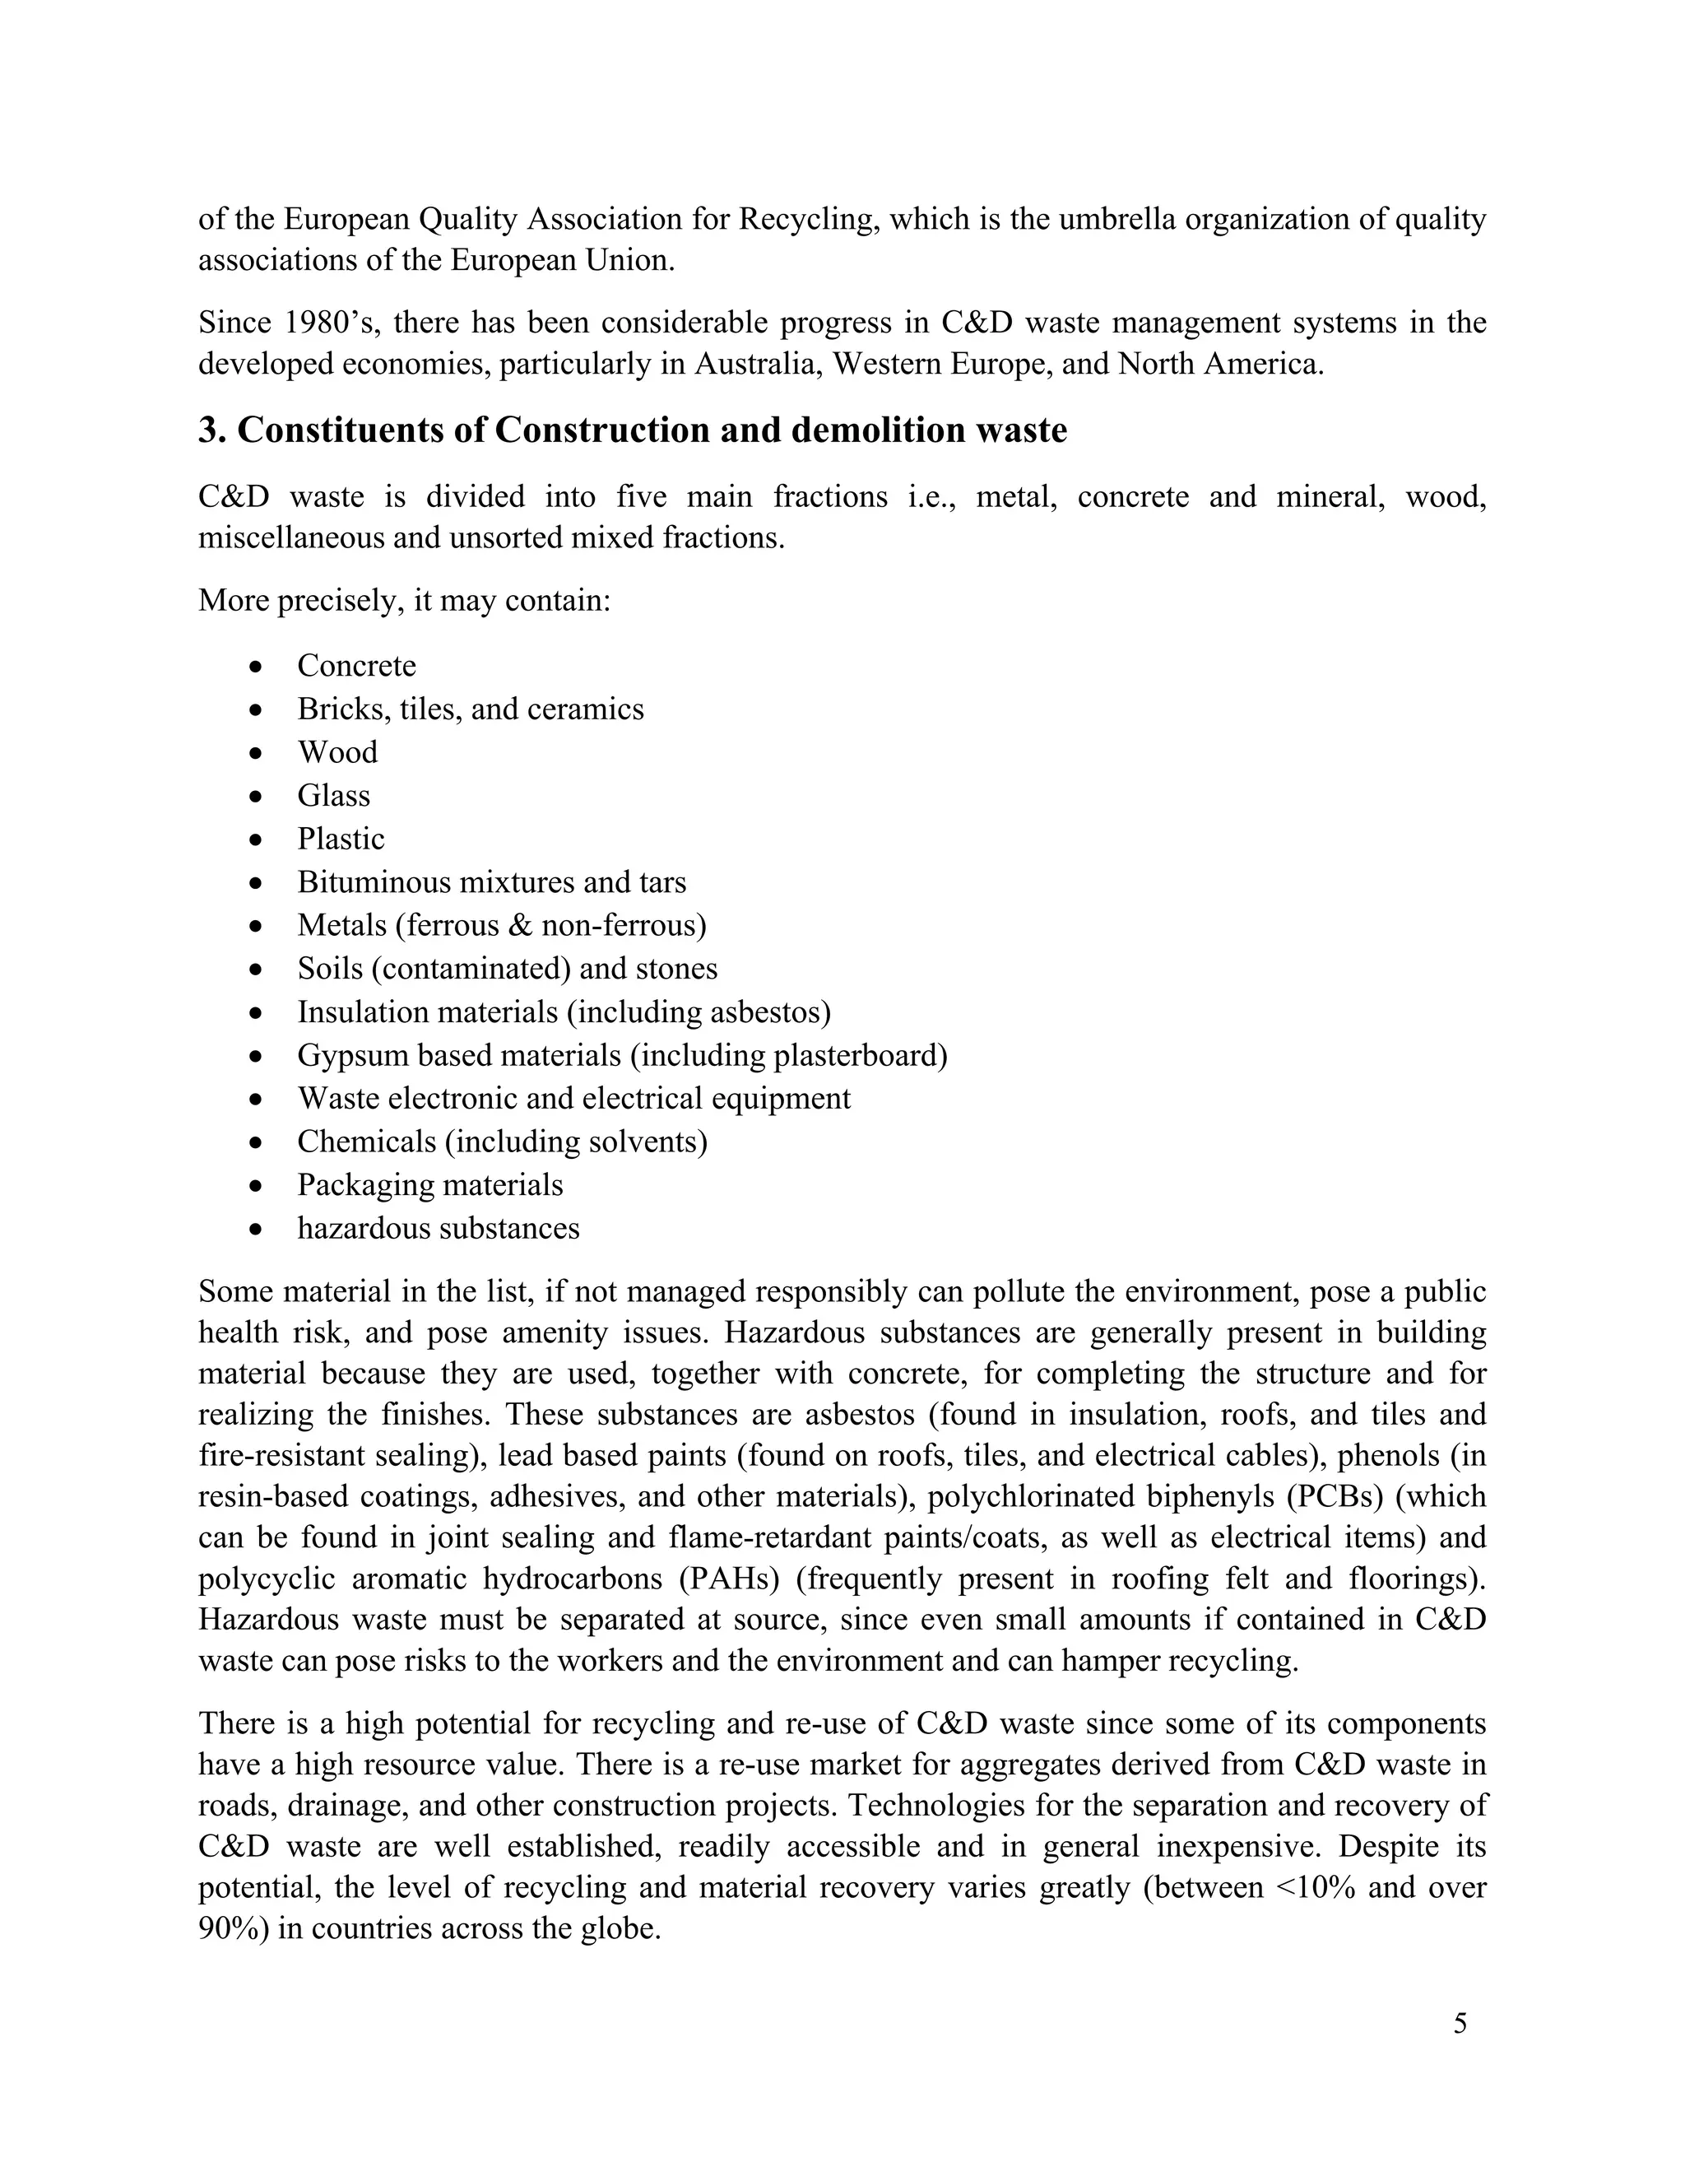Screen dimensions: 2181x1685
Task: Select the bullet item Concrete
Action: point(356,666)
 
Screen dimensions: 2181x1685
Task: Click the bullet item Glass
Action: point(333,796)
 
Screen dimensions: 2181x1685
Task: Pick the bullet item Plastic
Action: point(341,839)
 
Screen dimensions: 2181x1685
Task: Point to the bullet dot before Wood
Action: point(258,753)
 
